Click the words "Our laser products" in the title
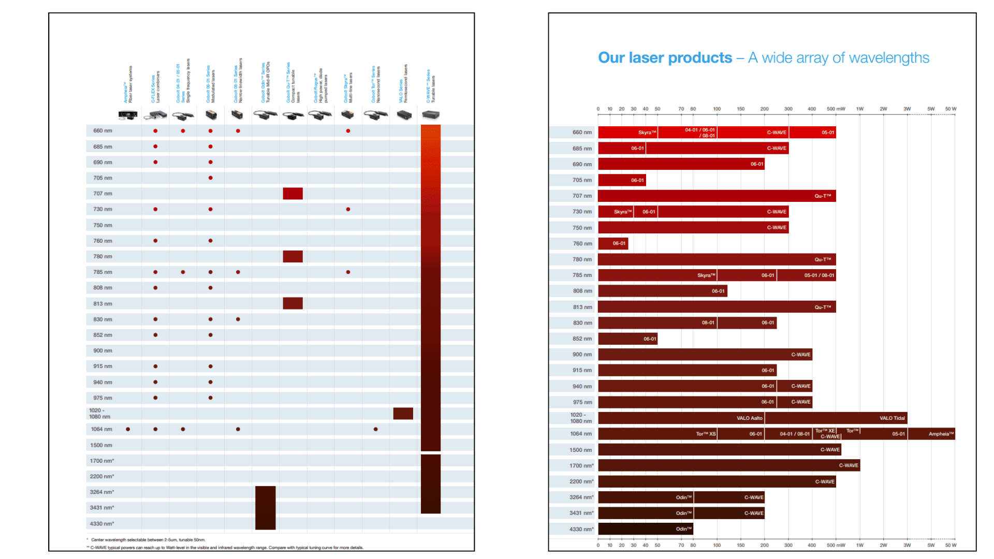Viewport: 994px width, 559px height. click(x=665, y=57)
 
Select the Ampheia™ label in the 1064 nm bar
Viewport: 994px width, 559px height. click(x=941, y=434)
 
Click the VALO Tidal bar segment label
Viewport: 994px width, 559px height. click(x=892, y=418)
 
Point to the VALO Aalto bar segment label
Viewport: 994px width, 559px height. click(x=749, y=418)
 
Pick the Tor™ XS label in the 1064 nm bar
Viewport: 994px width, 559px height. click(x=706, y=434)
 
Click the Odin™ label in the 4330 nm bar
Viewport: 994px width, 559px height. click(x=683, y=528)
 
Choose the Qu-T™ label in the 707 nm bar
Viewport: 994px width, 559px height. click(x=823, y=196)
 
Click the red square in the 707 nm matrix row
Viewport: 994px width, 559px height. click(x=293, y=194)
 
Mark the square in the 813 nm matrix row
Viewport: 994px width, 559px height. click(x=293, y=303)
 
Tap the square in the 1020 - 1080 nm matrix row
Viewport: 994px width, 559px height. click(x=403, y=413)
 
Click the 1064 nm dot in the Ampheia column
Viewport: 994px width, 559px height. click(x=128, y=429)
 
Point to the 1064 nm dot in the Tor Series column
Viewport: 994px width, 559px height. click(x=375, y=429)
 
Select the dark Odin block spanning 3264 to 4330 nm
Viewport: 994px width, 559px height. click(x=265, y=507)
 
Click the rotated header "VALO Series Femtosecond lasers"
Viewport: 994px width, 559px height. click(x=403, y=84)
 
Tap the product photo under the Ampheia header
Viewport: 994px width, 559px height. click(x=127, y=115)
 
